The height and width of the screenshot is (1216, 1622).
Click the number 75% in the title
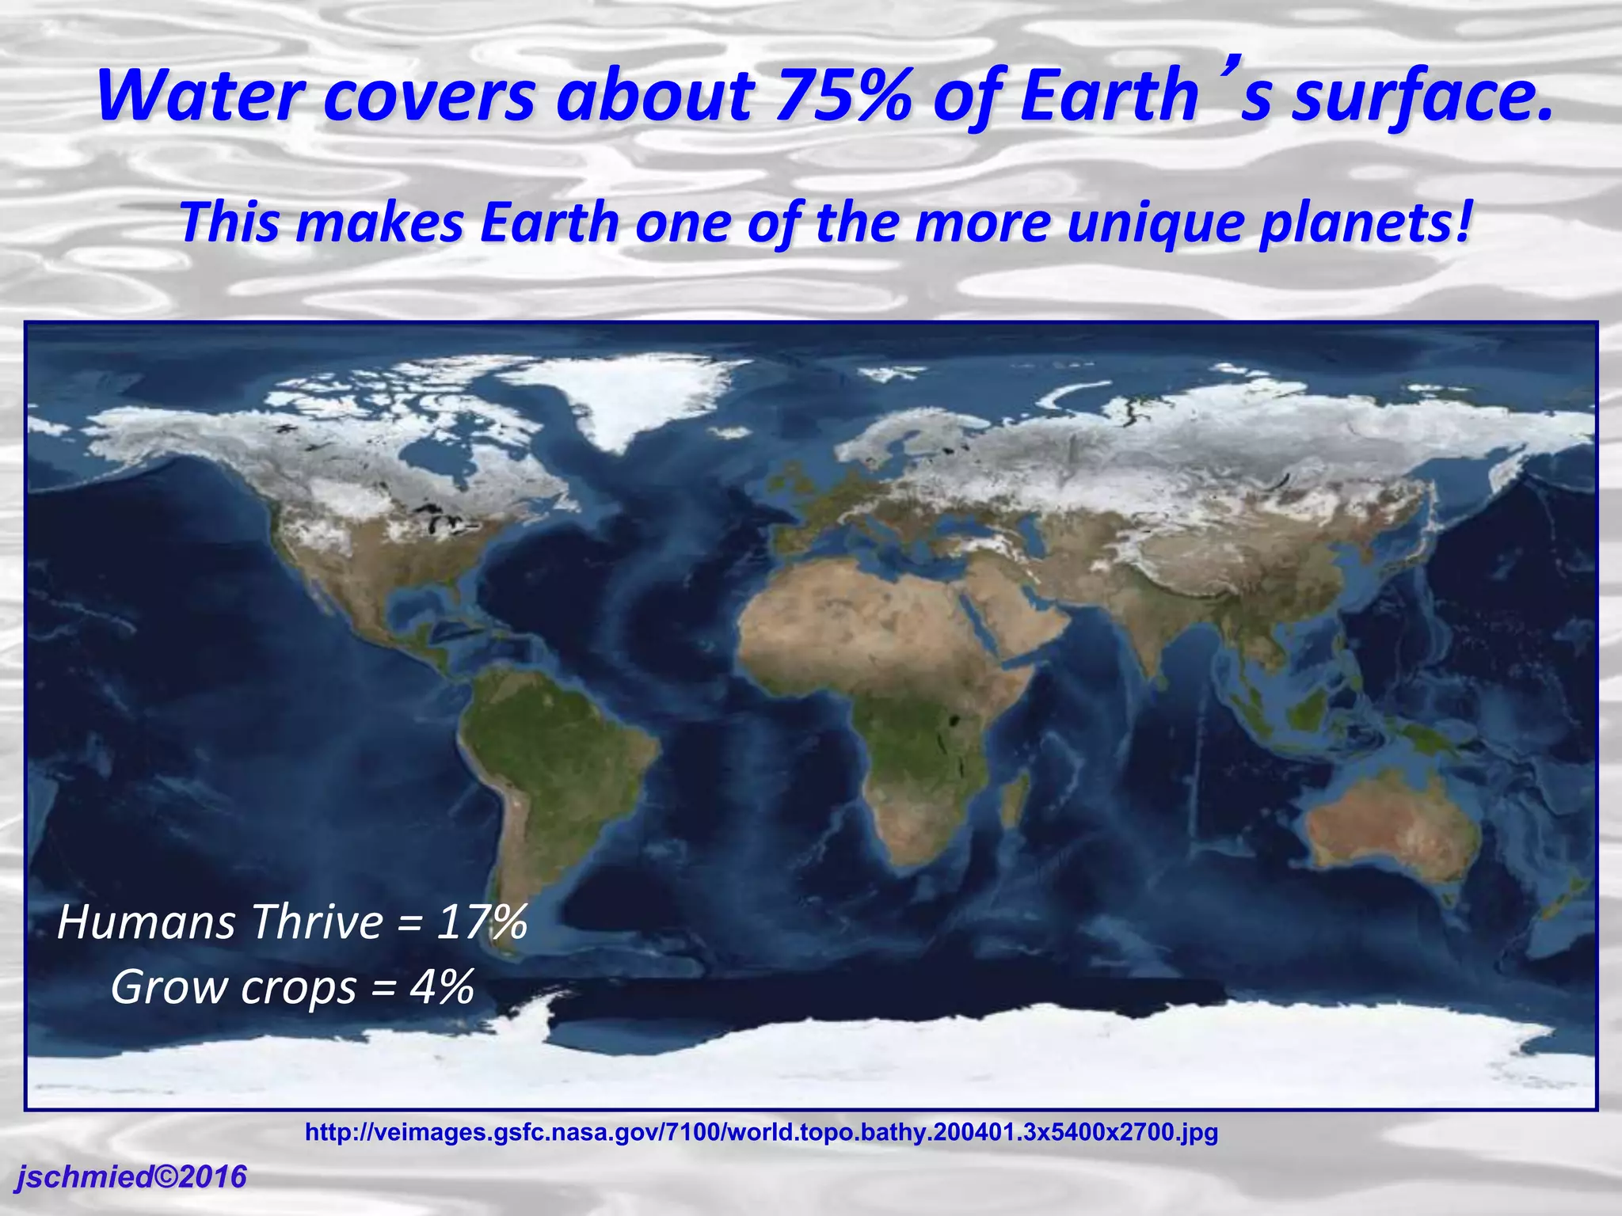pyautogui.click(x=843, y=97)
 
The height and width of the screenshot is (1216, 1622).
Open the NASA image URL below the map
pyautogui.click(x=761, y=1132)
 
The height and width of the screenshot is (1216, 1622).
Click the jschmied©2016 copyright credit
pyautogui.click(x=131, y=1177)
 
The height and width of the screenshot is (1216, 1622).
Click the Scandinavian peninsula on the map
pyautogui.click(x=887, y=439)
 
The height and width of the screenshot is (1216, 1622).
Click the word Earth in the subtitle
pyautogui.click(x=550, y=223)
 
